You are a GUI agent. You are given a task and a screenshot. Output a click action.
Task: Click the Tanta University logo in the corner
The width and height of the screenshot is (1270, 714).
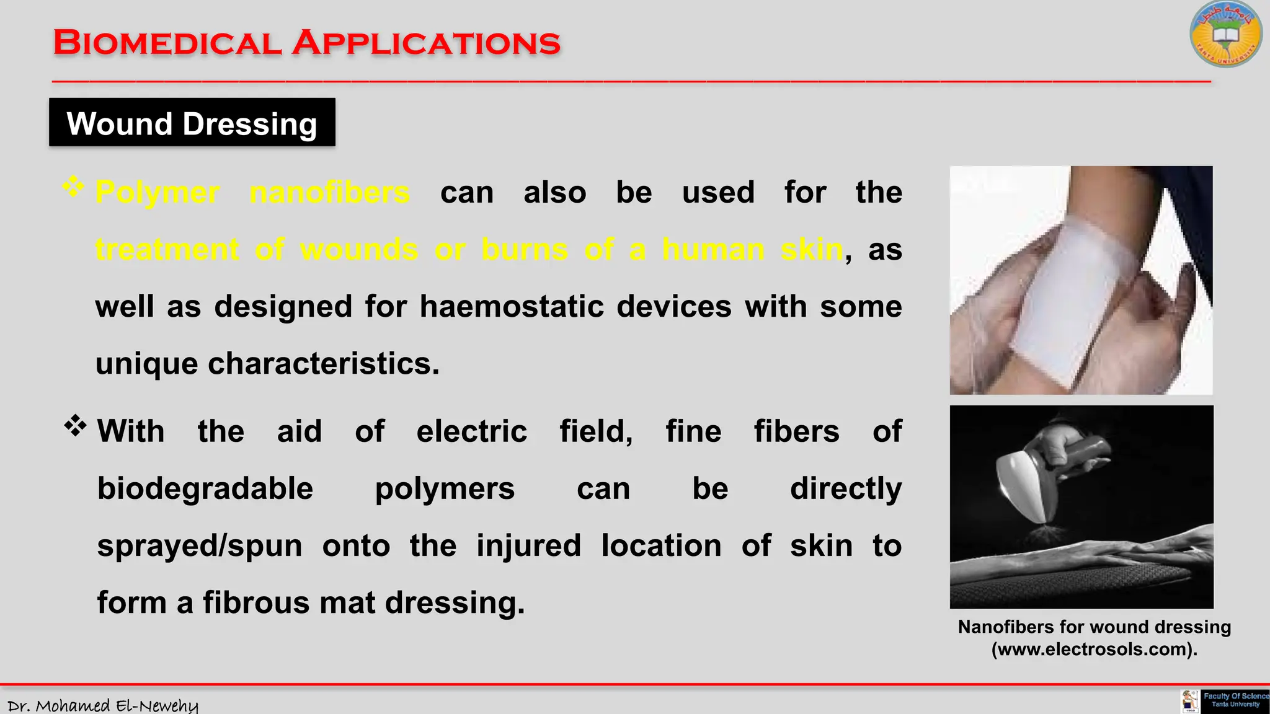[x=1225, y=35]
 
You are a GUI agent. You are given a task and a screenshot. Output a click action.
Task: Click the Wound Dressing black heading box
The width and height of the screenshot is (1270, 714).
[x=192, y=123]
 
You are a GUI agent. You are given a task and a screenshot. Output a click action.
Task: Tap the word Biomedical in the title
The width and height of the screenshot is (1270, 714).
[x=167, y=43]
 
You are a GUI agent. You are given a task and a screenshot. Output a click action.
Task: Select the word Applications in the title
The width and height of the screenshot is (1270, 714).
[x=427, y=43]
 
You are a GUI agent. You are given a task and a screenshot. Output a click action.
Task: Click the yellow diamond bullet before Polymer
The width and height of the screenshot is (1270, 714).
[x=73, y=187]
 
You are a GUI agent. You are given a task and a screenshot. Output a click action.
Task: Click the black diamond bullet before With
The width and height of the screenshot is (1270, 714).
[x=75, y=426]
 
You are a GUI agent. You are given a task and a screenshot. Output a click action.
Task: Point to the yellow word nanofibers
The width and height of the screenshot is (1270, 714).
[x=329, y=192]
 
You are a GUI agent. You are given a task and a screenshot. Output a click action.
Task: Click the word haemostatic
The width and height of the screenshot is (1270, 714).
[x=512, y=306]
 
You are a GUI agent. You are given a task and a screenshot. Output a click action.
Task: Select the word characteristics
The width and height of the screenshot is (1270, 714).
[x=323, y=363]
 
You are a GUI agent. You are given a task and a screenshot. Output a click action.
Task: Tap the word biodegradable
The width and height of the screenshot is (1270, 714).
[x=205, y=488]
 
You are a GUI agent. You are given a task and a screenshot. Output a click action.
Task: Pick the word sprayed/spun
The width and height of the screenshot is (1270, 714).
[x=200, y=546]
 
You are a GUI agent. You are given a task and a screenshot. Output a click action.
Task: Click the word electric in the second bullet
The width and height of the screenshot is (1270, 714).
[x=471, y=431]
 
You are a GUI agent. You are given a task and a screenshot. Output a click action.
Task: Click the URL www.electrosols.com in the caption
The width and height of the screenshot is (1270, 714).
[x=1094, y=649]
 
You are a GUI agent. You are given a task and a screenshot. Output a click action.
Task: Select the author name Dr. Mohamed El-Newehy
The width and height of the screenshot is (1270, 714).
[x=103, y=705]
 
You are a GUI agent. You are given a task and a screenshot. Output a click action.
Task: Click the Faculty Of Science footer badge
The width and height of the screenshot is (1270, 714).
[x=1234, y=700]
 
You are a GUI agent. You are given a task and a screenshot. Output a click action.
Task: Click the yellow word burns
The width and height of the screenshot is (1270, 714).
[x=525, y=249]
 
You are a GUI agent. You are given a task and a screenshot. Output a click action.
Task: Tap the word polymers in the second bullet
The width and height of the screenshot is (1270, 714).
[x=445, y=488]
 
